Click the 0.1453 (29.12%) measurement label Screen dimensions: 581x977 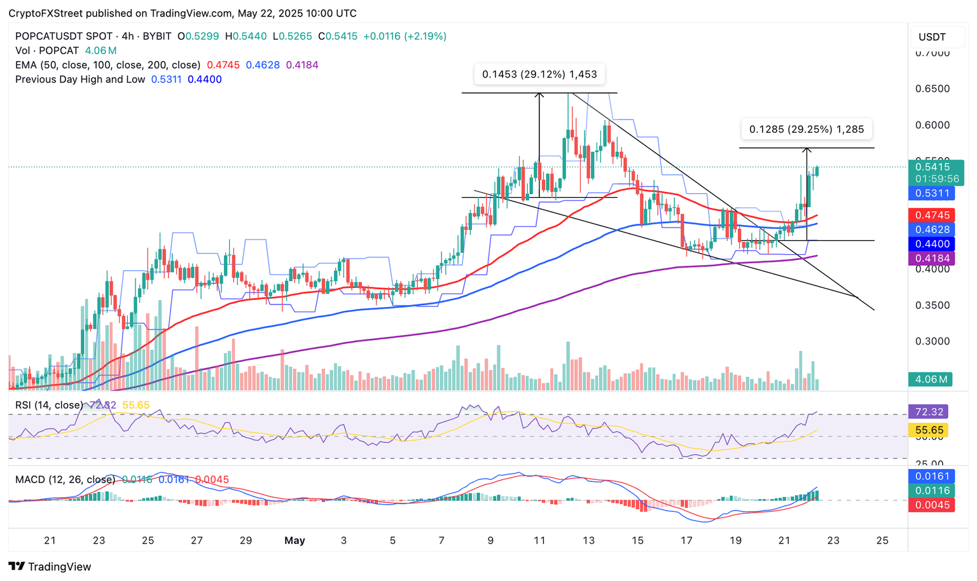tap(539, 74)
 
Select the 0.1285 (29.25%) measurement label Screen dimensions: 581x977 tap(806, 130)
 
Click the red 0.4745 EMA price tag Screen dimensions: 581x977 tap(932, 215)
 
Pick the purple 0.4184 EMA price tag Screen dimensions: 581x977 tap(932, 259)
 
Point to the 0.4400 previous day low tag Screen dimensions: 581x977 tap(932, 244)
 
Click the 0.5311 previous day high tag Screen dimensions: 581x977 tap(932, 193)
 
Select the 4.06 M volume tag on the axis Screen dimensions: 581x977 tap(932, 379)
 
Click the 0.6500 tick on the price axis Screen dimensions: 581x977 tap(932, 89)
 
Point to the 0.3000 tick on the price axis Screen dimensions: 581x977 tap(932, 341)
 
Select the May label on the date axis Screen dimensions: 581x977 tap(294, 541)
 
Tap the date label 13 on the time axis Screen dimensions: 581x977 tap(588, 541)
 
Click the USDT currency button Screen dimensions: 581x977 tap(932, 37)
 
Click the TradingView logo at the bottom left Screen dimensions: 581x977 tap(50, 566)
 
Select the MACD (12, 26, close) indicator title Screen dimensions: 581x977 tap(65, 480)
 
